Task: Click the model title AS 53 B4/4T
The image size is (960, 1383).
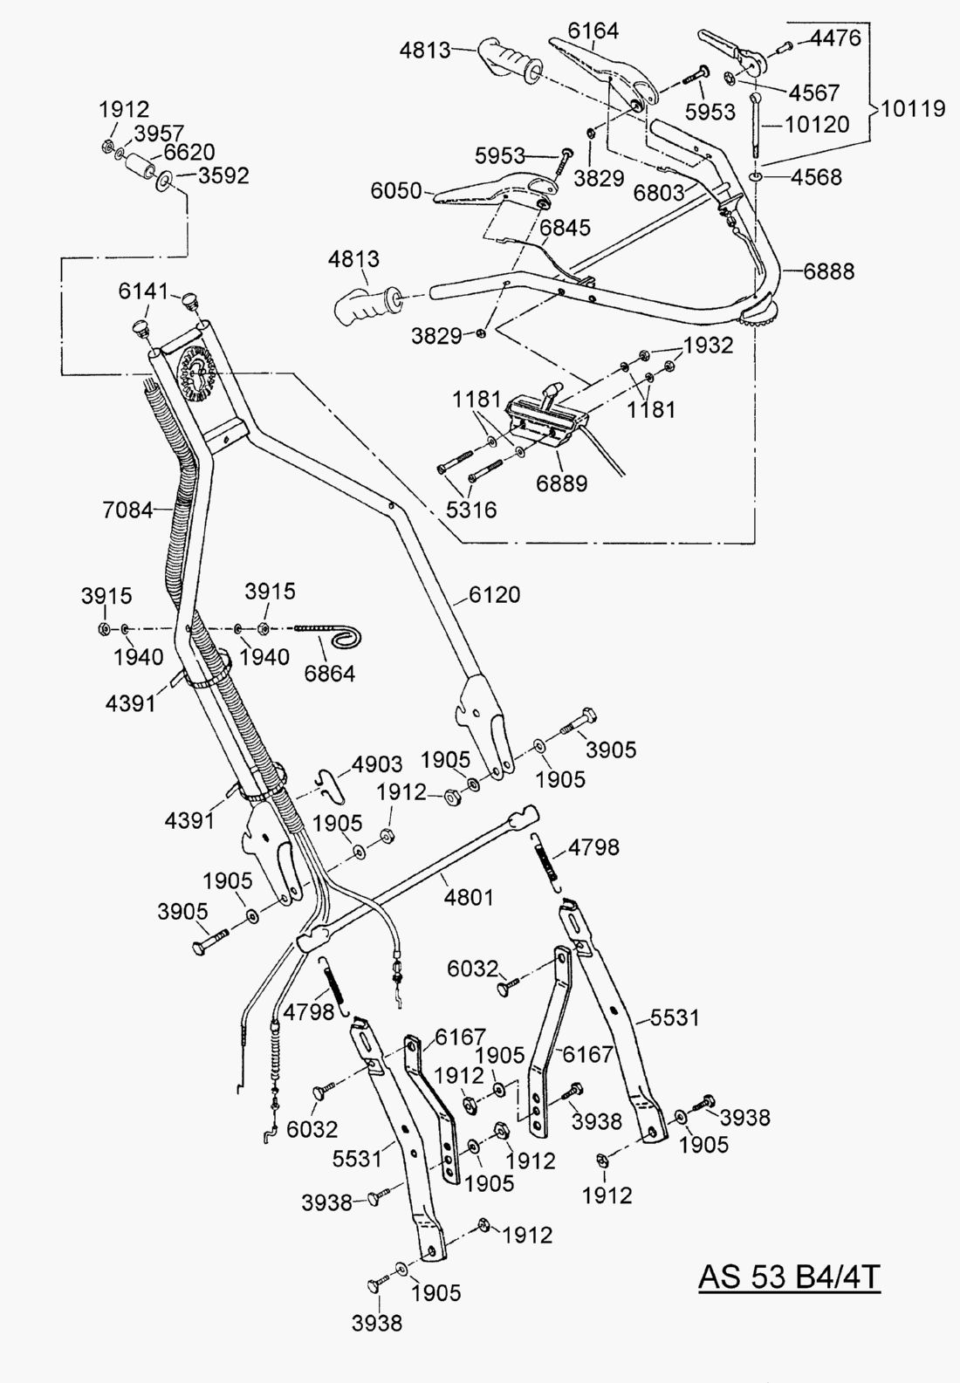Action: click(789, 1277)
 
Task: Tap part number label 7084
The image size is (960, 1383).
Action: click(127, 509)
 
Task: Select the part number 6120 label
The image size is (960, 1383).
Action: click(494, 595)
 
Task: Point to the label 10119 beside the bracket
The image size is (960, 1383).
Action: click(913, 108)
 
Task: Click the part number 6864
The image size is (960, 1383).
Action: click(330, 674)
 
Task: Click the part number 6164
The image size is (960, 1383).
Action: click(593, 31)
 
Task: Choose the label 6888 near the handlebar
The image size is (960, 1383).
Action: click(828, 270)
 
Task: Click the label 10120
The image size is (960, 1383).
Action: click(817, 124)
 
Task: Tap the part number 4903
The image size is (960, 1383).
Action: click(377, 765)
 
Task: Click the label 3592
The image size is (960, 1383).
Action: click(223, 175)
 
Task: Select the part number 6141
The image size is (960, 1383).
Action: click(144, 291)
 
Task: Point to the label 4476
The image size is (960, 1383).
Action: click(835, 38)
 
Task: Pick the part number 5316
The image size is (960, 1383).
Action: click(472, 509)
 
